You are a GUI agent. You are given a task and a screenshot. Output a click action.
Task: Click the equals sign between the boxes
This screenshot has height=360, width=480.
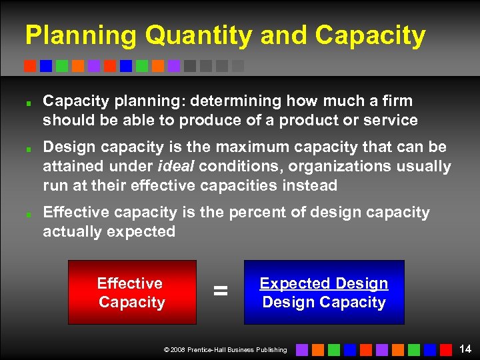(x=220, y=291)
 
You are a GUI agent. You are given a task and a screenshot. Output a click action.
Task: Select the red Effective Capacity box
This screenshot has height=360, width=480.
(x=132, y=292)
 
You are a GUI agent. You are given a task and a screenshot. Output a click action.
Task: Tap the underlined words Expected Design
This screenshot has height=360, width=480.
(x=323, y=283)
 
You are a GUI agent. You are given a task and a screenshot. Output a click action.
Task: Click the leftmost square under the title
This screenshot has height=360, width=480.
(x=29, y=66)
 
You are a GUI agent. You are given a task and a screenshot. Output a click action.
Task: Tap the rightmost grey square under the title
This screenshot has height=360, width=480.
(x=238, y=66)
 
